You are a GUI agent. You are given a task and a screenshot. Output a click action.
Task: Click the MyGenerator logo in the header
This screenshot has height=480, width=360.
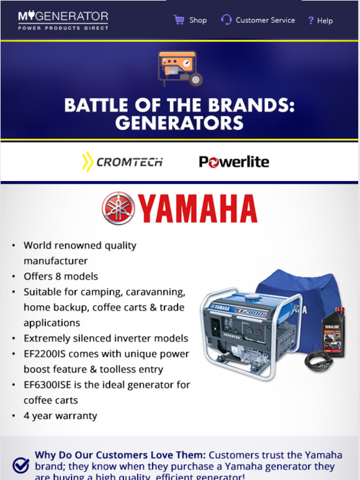coord(63,20)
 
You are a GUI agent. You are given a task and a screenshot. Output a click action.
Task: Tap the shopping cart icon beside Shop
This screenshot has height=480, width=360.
coord(179,20)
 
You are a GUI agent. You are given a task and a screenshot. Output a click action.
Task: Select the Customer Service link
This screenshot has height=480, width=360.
coord(265,20)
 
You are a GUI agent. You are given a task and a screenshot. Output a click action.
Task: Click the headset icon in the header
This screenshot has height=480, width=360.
coord(227,20)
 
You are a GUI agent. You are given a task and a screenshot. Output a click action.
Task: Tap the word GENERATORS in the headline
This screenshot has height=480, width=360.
coord(179,122)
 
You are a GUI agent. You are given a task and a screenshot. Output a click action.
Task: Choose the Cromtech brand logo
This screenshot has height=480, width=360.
coord(122,162)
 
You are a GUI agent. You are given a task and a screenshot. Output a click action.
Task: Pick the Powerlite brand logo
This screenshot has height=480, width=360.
coord(234,162)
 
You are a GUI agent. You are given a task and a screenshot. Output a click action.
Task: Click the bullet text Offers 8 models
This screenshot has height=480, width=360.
coord(61,276)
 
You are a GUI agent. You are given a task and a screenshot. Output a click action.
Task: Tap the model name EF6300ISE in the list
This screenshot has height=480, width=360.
coord(52,384)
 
